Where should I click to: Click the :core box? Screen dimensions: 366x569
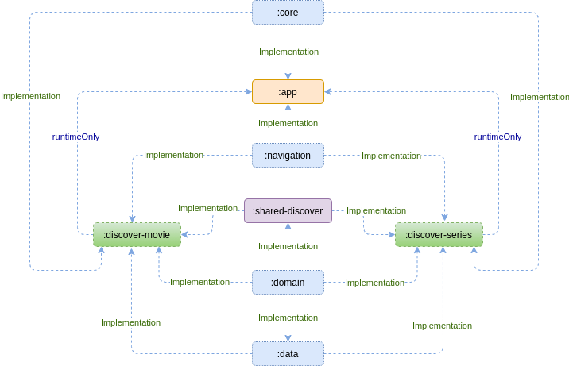pos(288,12)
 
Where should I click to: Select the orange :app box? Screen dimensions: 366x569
pos(288,92)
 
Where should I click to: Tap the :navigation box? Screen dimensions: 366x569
pos(288,155)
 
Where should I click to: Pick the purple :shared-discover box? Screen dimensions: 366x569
pos(288,210)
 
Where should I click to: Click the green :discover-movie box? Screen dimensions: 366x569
pos(137,234)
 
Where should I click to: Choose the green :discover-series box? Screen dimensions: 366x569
pos(439,234)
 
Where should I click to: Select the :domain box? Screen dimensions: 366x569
pos(288,282)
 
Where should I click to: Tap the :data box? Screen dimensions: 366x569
pos(288,353)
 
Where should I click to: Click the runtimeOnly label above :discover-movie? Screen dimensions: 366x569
pos(76,137)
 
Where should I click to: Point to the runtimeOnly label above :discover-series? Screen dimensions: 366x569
pos(497,137)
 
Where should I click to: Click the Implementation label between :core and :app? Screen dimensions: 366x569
pos(288,52)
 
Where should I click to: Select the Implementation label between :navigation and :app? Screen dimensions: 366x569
pos(288,123)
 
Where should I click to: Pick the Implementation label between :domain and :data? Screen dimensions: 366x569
pos(288,318)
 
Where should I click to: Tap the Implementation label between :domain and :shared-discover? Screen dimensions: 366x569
pos(288,246)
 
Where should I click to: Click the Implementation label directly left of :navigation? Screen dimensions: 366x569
pos(173,155)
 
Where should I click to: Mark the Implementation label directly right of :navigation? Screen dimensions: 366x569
pos(391,156)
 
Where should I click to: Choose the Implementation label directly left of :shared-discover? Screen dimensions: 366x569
pos(207,208)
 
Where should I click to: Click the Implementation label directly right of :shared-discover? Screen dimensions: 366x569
pos(376,210)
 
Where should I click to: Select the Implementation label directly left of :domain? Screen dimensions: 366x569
pos(199,282)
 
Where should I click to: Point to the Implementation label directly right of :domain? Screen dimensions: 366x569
pos(374,283)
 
